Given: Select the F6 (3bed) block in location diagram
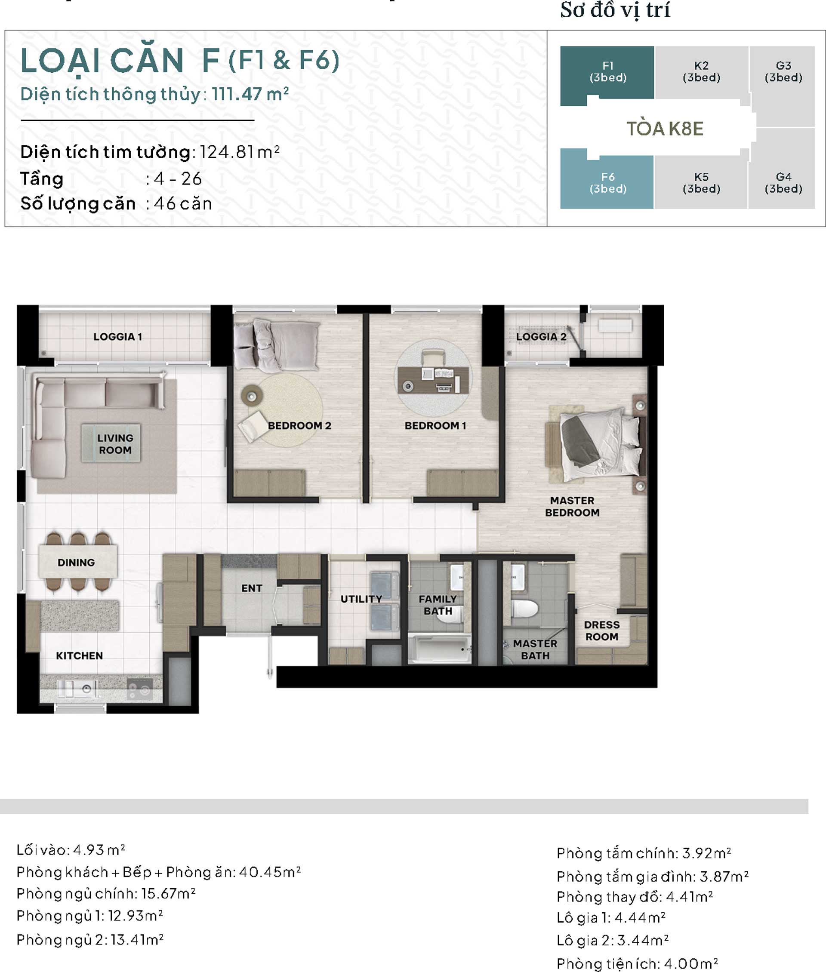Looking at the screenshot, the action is click(x=607, y=183).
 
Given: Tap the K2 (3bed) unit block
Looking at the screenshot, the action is click(x=701, y=72).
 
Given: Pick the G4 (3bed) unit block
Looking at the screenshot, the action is click(x=783, y=183).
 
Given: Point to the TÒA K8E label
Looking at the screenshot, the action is click(x=665, y=129).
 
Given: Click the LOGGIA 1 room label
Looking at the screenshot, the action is click(x=117, y=337).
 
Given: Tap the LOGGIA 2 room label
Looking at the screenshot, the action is click(x=541, y=337).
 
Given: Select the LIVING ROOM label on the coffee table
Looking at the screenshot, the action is click(x=115, y=444).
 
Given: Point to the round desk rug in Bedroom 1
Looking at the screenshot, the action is click(x=434, y=377).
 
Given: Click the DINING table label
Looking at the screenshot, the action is click(x=76, y=562).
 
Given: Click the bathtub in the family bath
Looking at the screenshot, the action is click(x=439, y=649).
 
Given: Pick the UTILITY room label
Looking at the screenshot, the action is click(x=361, y=599).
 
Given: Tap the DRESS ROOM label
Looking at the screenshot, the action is click(x=602, y=631).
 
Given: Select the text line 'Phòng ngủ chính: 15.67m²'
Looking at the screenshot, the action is click(x=106, y=893).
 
